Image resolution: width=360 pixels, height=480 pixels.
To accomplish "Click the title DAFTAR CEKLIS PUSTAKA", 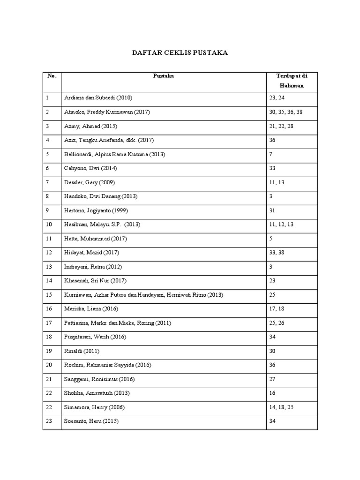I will pos(180,53).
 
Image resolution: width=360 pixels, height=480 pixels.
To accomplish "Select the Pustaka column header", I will pos(164,76).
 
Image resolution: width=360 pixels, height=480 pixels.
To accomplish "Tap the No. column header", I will pos(51,76).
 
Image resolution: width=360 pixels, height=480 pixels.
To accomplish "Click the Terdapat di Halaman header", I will pos(292,81).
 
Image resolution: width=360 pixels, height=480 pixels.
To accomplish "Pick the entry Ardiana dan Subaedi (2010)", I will pos(98,98).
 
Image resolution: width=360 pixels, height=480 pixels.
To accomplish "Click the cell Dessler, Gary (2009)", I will pos(90,182).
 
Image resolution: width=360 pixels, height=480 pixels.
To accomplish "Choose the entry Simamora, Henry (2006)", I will pos(94,407).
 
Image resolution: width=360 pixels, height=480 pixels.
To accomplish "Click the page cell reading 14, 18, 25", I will pos(281,407).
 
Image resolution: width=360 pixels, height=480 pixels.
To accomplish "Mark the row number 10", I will pos(49,225).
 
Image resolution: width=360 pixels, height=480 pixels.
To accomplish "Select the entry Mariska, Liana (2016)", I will pos(91,309).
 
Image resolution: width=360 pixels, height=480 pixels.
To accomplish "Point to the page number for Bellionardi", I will pos(271,154).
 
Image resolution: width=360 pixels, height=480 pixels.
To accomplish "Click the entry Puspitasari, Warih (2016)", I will pos(95,337).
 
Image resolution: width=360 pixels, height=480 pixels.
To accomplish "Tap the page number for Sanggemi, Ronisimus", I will pos(272,379).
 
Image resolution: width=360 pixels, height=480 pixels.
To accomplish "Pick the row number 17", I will pos(49,323).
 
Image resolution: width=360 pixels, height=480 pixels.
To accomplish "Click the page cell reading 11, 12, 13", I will pos(281,225).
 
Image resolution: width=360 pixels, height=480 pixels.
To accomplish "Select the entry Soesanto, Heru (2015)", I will pos(91,421).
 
